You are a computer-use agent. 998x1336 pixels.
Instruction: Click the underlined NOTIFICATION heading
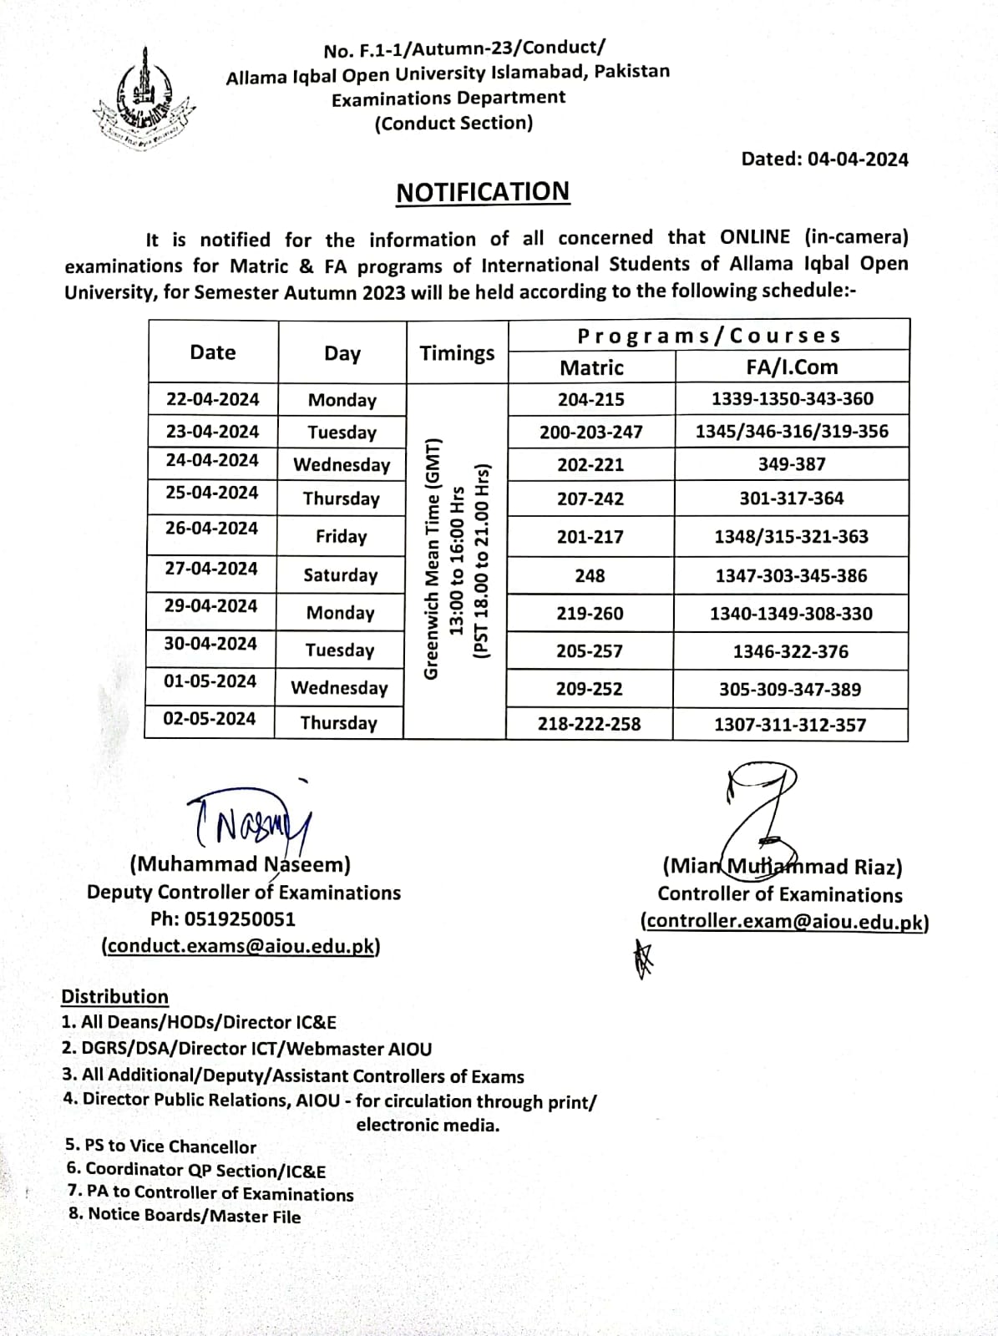(482, 192)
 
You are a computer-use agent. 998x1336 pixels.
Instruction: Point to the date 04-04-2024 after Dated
(858, 159)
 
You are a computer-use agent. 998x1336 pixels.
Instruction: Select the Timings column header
(457, 353)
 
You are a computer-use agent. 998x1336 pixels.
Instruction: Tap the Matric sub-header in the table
(591, 367)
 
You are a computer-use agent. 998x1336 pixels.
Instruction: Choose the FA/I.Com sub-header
(792, 367)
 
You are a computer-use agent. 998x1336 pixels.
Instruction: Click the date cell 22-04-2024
(213, 399)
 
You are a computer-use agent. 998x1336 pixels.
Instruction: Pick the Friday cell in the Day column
(342, 536)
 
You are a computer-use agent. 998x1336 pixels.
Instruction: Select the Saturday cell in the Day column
(341, 575)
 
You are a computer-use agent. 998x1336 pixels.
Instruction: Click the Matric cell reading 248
(590, 576)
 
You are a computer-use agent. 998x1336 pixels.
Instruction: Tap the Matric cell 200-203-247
(591, 432)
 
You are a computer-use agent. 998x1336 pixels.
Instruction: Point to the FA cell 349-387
(792, 464)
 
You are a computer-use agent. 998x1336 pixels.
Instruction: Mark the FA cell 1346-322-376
(791, 651)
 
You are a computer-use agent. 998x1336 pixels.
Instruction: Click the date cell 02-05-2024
(210, 719)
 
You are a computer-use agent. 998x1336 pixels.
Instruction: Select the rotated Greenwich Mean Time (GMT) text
(432, 557)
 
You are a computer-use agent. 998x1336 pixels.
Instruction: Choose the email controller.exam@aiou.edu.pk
(784, 922)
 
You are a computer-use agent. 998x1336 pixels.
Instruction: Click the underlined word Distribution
(114, 997)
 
